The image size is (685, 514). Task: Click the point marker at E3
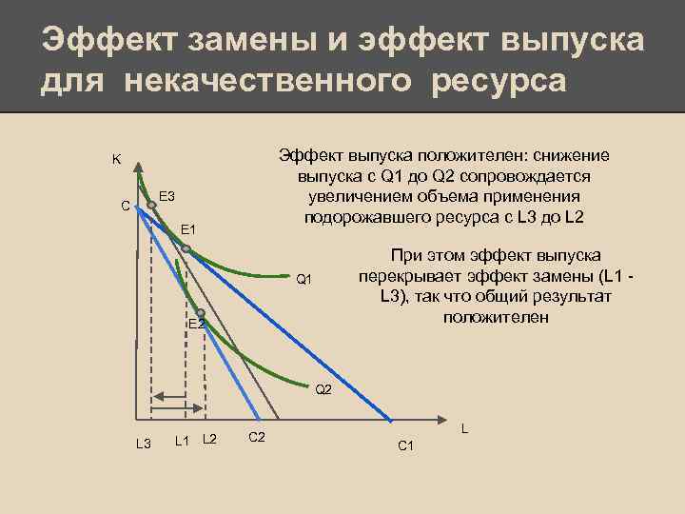(x=151, y=204)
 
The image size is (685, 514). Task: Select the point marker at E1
(x=186, y=249)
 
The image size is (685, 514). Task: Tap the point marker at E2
(x=201, y=312)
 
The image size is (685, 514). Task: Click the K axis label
(x=116, y=159)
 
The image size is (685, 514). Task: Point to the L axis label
(x=464, y=429)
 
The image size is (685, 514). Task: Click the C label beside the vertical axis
(x=124, y=205)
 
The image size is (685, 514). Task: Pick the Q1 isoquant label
(x=303, y=279)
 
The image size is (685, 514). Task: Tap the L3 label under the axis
(x=144, y=444)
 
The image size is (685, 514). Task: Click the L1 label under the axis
(x=185, y=438)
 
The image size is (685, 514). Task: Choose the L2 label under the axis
(x=210, y=438)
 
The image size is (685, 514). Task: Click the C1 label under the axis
(x=404, y=445)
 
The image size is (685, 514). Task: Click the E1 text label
(x=188, y=230)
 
